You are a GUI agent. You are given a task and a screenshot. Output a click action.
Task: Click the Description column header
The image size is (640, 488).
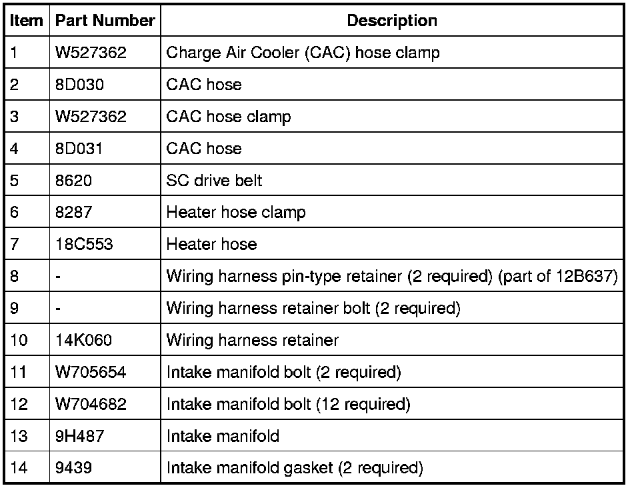point(392,21)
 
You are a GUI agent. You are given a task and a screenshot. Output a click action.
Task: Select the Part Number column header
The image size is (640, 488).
point(105,21)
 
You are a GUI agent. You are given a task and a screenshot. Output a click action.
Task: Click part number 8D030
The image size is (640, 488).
point(79,85)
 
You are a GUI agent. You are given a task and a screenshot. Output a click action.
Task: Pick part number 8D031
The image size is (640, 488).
point(79,149)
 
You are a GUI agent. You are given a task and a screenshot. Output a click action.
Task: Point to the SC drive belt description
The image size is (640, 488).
point(214,181)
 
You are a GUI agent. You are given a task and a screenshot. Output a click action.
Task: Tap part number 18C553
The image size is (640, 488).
point(84,245)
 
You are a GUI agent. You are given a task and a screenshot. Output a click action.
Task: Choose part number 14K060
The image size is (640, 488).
point(84,341)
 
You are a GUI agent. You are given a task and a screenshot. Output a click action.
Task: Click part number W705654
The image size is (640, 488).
point(91,373)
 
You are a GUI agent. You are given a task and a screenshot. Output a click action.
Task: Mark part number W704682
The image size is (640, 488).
point(91,405)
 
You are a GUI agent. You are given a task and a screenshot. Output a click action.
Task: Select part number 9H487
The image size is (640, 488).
point(79,437)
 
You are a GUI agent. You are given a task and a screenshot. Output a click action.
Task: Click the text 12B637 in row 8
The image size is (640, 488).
point(583,277)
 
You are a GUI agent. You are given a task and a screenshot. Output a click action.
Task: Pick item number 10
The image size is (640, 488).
point(19,341)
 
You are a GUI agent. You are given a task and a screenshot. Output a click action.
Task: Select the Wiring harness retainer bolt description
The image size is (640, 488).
point(313,309)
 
